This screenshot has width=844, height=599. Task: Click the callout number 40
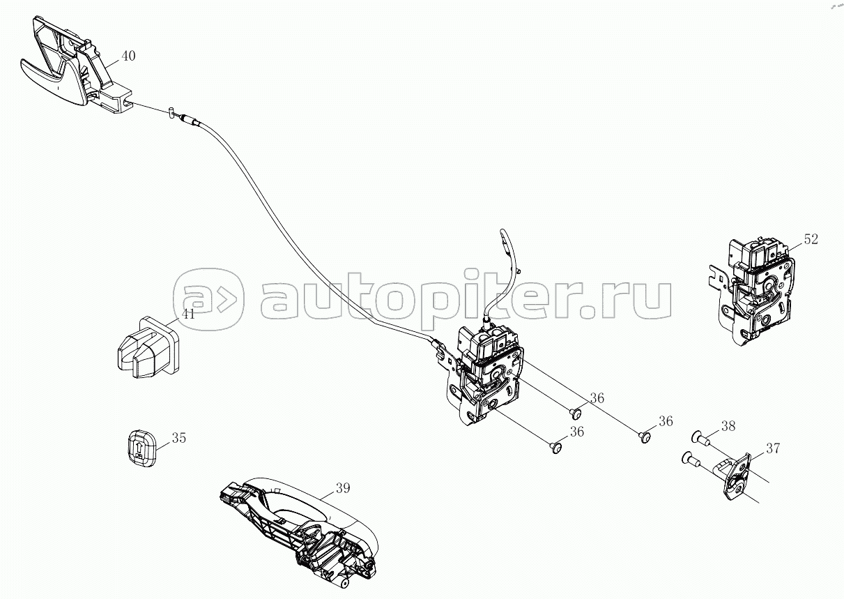click(x=128, y=56)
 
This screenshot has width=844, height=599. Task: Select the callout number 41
click(x=188, y=314)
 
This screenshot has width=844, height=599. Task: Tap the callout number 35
click(x=179, y=438)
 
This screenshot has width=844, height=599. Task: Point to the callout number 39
click(x=343, y=488)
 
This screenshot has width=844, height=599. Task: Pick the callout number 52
click(x=811, y=239)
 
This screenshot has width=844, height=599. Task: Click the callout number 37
click(x=773, y=448)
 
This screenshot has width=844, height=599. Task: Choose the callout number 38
click(x=728, y=426)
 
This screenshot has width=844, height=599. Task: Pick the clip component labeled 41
click(x=146, y=347)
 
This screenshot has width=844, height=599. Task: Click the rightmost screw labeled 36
click(x=645, y=438)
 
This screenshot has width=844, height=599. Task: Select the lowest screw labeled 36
click(x=555, y=448)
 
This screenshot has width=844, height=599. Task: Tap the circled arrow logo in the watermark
click(x=209, y=299)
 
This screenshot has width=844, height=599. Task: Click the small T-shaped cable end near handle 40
click(x=171, y=113)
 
